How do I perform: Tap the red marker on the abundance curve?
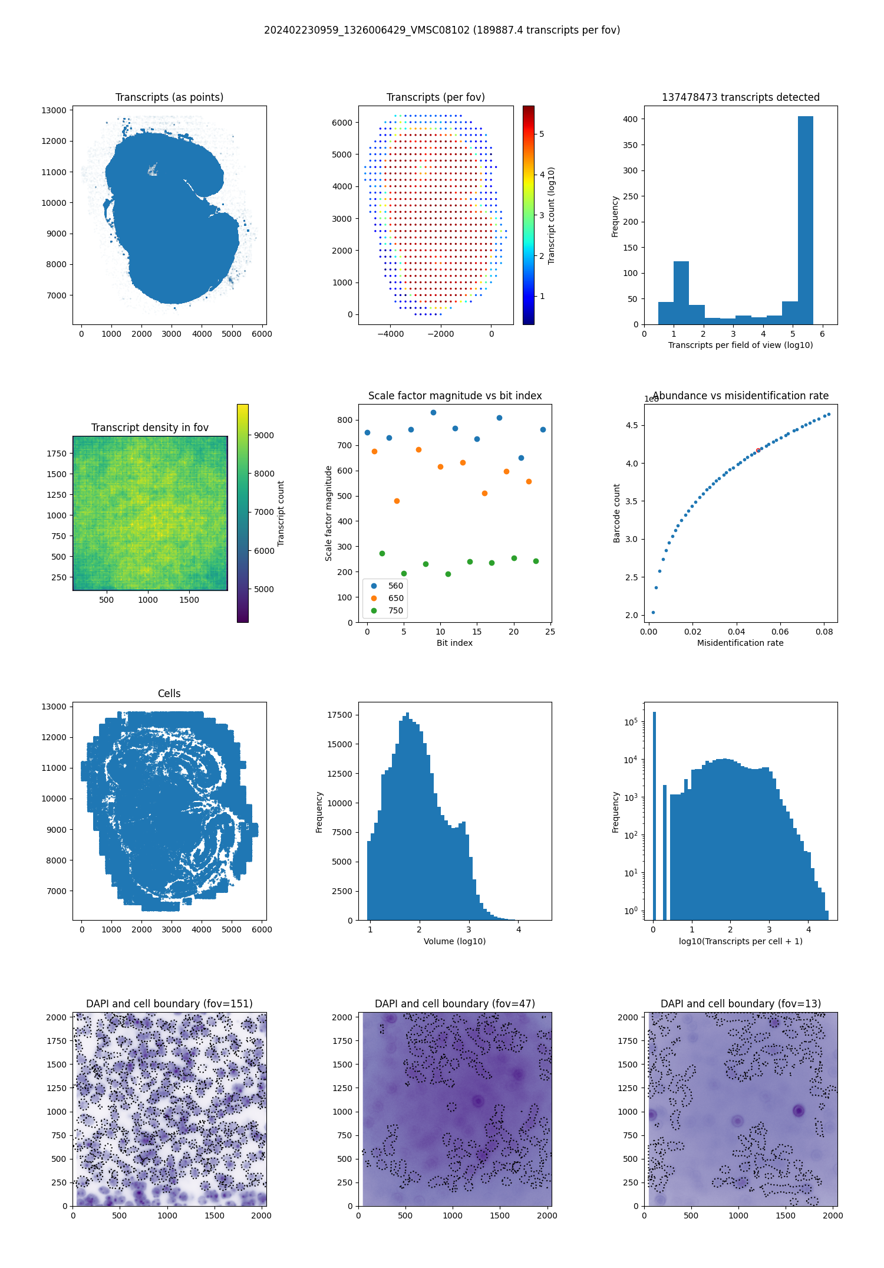click(758, 451)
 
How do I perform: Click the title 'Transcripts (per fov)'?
click(436, 97)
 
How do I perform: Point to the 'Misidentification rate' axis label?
click(740, 643)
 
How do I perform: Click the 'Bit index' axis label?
click(454, 643)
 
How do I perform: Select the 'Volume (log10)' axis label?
click(454, 941)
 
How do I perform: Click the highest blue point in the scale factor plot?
click(433, 413)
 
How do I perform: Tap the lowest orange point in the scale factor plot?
click(397, 501)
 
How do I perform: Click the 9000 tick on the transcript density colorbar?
click(264, 435)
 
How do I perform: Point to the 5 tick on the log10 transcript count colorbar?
click(542, 134)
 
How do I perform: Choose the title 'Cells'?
click(169, 694)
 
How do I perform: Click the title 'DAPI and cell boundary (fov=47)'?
click(454, 1004)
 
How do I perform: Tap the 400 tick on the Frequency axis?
click(631, 119)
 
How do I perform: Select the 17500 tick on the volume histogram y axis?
click(339, 715)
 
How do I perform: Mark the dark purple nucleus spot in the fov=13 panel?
click(799, 1111)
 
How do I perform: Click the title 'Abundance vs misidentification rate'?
click(740, 396)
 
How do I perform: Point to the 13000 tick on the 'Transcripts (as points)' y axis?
click(54, 110)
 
